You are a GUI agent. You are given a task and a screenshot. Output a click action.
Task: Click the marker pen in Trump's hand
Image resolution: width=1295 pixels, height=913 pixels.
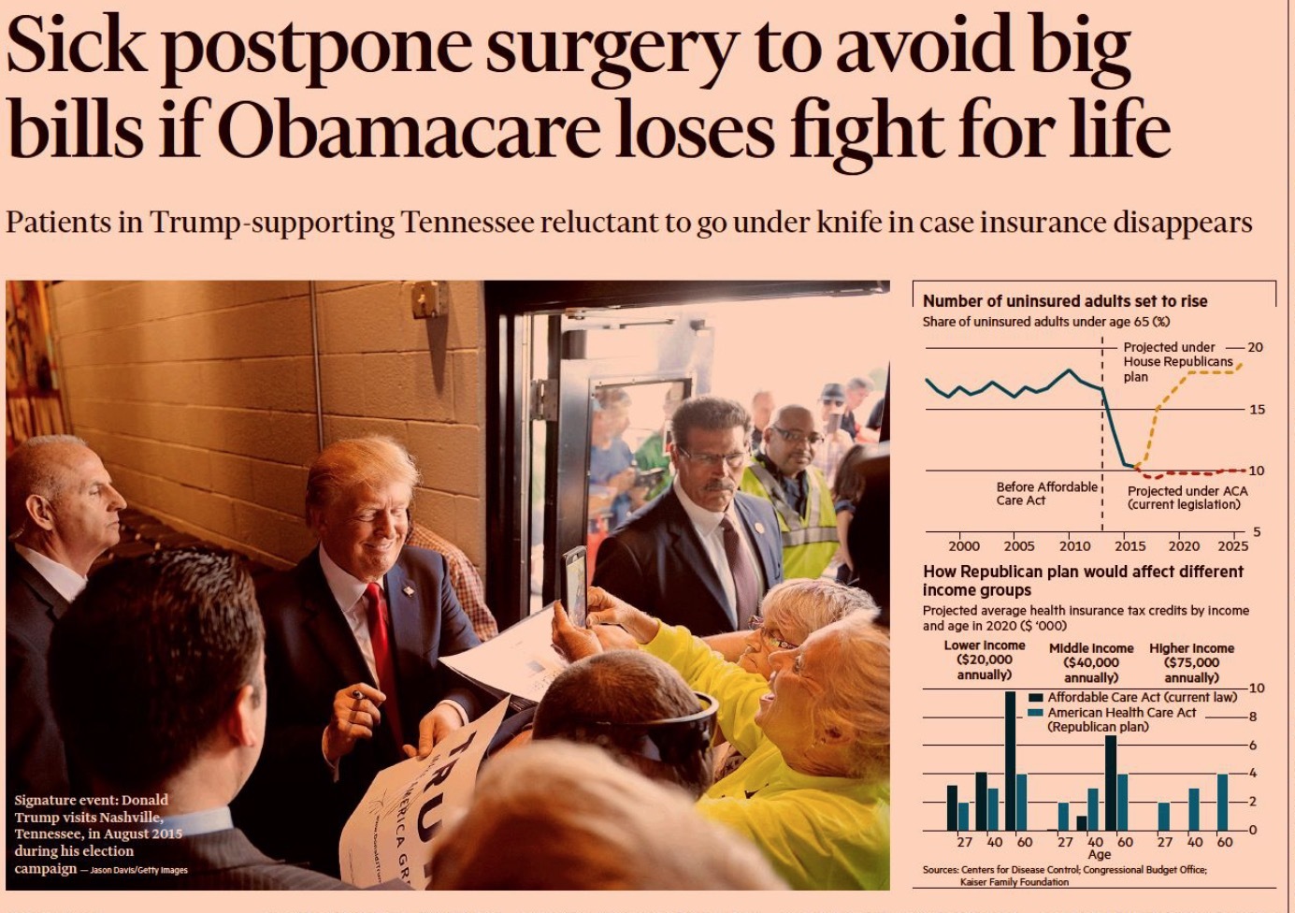358,695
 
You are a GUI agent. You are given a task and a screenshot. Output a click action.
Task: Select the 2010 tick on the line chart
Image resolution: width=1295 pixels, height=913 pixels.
1074,545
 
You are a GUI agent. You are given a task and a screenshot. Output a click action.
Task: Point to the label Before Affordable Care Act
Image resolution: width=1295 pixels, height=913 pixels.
1046,493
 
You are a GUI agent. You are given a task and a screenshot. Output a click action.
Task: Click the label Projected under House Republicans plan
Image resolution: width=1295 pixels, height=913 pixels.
1178,361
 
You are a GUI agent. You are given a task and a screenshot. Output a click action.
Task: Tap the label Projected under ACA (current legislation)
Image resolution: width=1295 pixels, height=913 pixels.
1187,498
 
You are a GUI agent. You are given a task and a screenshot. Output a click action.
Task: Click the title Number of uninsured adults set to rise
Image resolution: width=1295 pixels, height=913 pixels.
1064,301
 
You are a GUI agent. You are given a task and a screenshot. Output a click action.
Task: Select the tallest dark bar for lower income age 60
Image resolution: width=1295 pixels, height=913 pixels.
1010,760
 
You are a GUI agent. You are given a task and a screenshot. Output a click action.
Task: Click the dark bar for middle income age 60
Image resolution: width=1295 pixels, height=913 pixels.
1110,782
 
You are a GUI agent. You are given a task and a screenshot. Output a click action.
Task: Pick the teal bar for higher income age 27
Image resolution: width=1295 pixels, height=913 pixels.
1163,816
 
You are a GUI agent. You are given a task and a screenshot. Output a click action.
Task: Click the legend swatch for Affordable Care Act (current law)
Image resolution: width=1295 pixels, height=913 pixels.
1035,698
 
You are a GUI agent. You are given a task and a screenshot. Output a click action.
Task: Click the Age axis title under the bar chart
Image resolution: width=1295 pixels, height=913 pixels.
1099,854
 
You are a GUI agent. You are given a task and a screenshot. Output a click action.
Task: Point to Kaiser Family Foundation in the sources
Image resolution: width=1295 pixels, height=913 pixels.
1014,881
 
